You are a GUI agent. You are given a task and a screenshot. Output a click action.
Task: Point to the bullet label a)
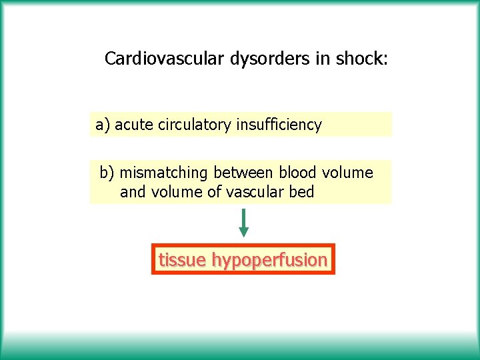[103, 125]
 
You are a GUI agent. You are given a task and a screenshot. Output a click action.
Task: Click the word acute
[135, 125]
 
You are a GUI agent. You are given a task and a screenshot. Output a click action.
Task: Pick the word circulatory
[195, 125]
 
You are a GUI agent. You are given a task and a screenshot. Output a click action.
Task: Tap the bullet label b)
[107, 173]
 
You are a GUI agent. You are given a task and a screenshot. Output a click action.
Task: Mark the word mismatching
[164, 173]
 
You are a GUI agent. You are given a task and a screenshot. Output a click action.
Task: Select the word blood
[298, 173]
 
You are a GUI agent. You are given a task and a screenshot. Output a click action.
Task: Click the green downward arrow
[244, 223]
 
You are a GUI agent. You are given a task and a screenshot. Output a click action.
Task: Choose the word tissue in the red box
[182, 260]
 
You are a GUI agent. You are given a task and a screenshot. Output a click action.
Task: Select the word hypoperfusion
[269, 260]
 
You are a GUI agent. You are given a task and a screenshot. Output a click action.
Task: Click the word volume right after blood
[348, 173]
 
